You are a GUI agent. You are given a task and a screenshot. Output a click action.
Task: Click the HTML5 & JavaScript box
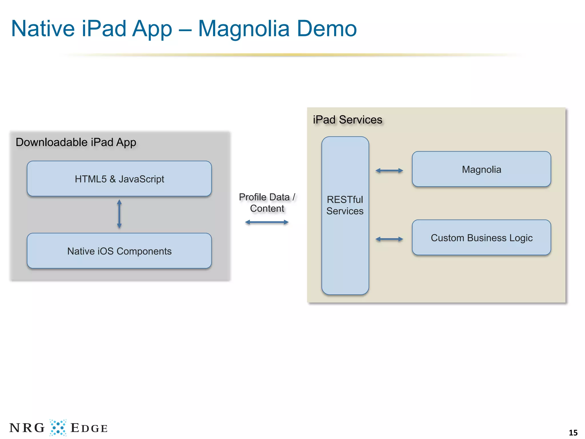(119, 179)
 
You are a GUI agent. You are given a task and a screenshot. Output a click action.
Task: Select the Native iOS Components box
(119, 251)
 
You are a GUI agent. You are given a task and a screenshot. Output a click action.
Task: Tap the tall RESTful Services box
(345, 243)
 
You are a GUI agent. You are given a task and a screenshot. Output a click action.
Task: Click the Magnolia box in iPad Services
(481, 169)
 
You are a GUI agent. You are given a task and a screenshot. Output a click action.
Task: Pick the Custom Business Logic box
(481, 238)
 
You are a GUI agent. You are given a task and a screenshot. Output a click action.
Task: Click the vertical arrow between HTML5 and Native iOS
(119, 214)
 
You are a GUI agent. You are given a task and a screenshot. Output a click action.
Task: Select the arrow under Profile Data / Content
(267, 222)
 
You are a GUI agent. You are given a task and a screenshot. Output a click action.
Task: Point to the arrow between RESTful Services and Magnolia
(389, 171)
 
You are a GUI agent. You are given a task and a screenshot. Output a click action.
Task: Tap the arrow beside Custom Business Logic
(389, 239)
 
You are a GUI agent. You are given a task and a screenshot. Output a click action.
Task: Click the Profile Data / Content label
(267, 203)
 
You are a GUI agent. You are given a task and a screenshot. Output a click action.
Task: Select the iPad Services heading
(347, 119)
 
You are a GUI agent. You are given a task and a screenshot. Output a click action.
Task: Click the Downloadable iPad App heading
(76, 142)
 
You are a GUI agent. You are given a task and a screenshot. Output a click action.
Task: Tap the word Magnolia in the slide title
(244, 29)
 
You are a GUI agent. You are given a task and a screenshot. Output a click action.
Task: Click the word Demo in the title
(327, 29)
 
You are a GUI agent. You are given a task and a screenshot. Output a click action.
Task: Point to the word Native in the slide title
(43, 29)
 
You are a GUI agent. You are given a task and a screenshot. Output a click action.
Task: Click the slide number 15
(573, 432)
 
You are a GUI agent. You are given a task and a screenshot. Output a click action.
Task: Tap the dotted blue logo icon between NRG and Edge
(58, 428)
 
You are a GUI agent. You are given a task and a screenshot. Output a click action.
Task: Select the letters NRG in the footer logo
(27, 428)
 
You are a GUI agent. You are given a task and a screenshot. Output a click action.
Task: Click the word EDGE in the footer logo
(89, 428)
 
